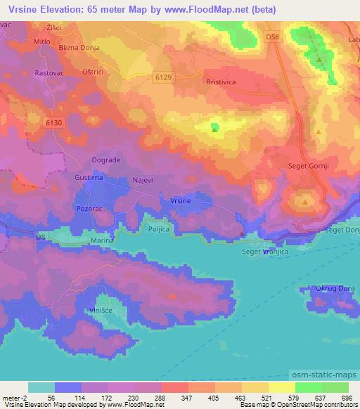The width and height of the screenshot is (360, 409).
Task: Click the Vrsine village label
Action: (x=181, y=202)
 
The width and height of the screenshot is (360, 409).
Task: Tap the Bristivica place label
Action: (x=205, y=82)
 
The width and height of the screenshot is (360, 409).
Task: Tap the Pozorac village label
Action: (x=89, y=209)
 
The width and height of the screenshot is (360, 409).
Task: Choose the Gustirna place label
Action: (x=89, y=178)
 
